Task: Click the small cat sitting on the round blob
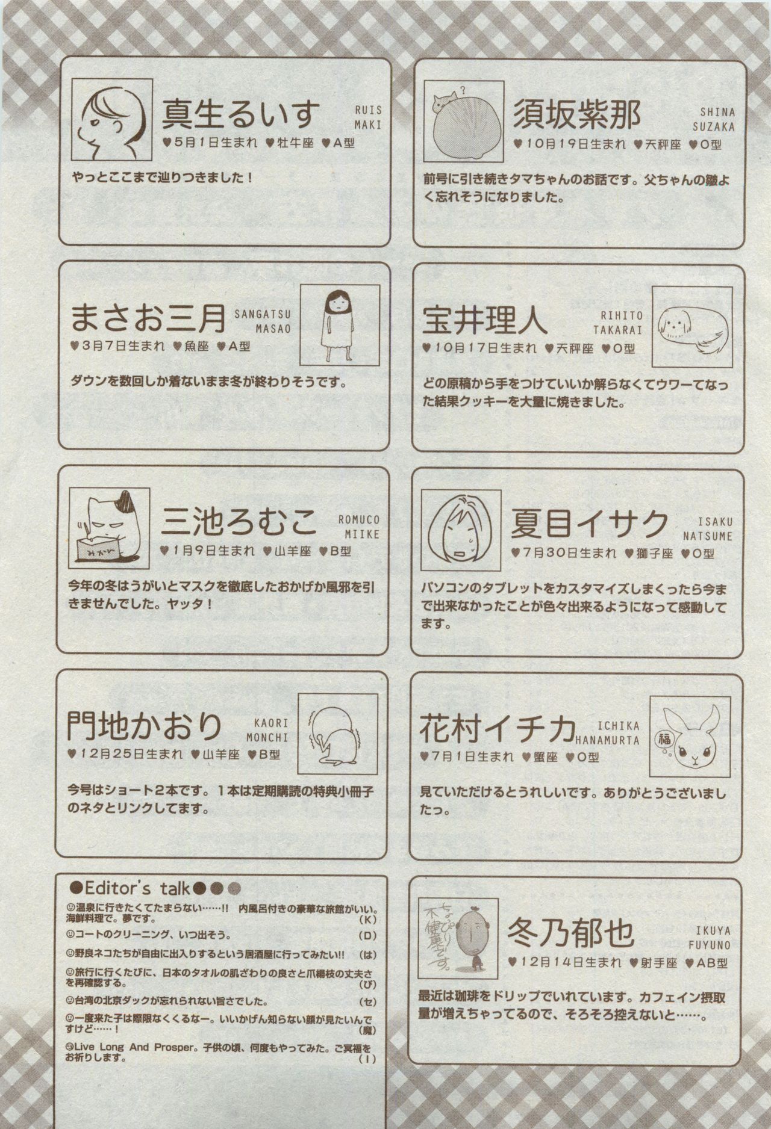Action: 445,100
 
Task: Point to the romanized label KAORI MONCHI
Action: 267,730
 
